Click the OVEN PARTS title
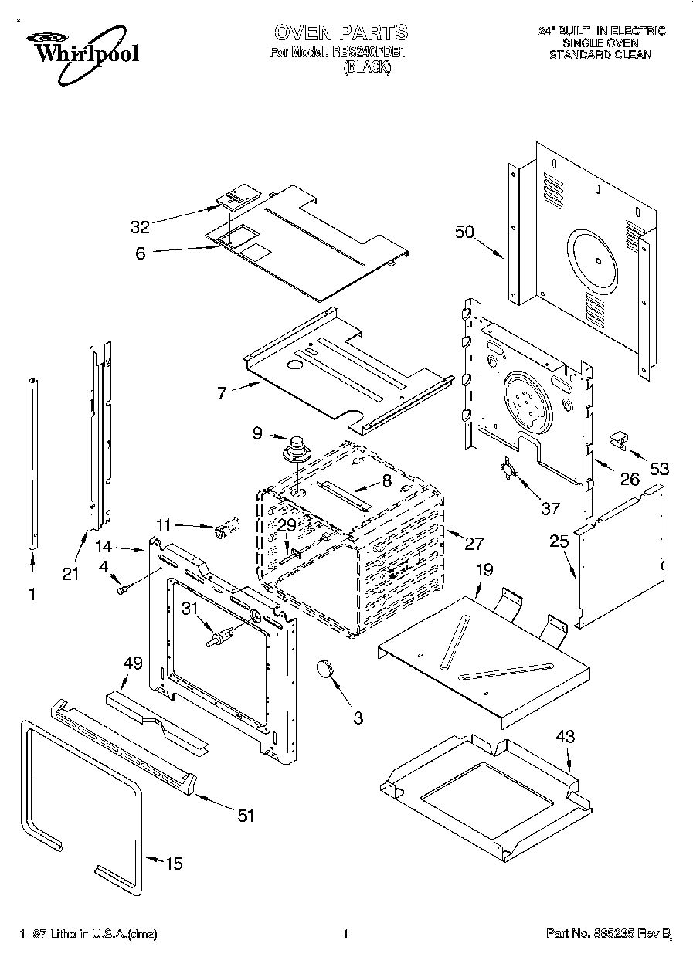(340, 32)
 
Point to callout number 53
(660, 468)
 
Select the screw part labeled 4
(122, 589)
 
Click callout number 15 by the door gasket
(175, 864)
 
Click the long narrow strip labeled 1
(32, 463)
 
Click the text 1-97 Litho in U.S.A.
(88, 935)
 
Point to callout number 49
(133, 662)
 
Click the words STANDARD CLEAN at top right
(600, 55)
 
